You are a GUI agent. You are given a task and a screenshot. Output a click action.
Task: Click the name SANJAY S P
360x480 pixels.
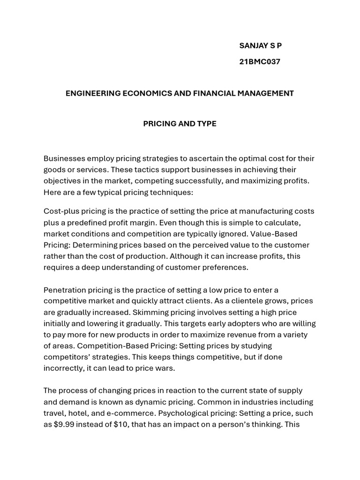pyautogui.click(x=260, y=45)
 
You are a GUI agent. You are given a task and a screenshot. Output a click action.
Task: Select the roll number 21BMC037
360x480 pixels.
pyautogui.click(x=260, y=61)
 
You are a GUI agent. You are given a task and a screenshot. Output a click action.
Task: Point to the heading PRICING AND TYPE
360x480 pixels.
pyautogui.click(x=180, y=124)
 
